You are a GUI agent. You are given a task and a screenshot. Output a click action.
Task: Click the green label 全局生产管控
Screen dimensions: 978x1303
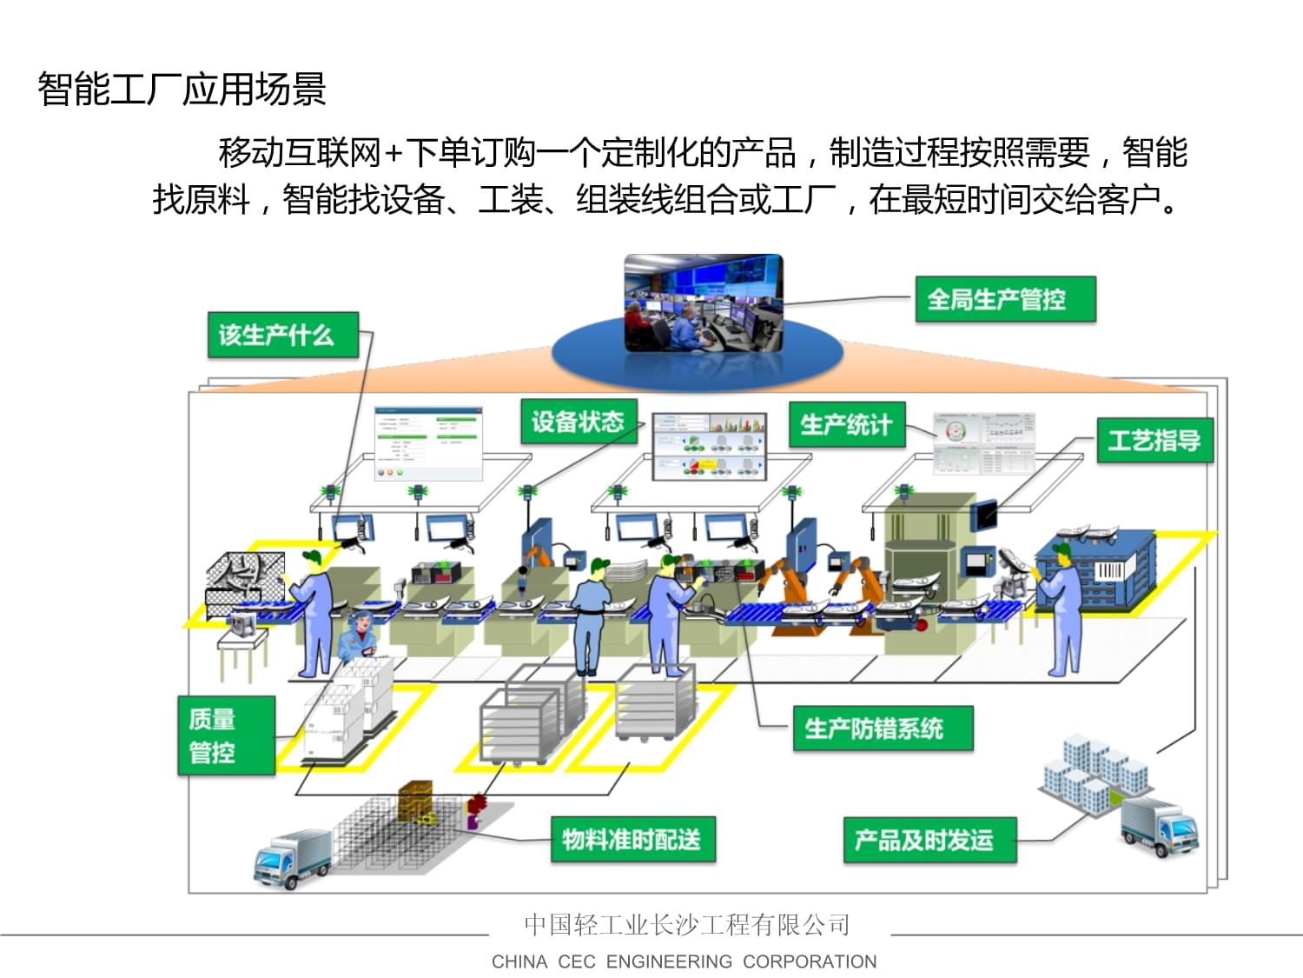click(1005, 300)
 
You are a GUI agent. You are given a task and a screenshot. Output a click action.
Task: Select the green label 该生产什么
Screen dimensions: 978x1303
click(282, 335)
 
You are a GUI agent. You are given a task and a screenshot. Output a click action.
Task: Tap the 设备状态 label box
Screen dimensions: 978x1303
click(579, 422)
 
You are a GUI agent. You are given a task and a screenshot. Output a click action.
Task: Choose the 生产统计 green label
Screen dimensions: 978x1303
click(847, 424)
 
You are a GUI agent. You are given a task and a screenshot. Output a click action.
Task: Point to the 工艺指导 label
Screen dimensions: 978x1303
click(1154, 440)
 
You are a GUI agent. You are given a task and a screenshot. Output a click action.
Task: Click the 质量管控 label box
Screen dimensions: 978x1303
click(226, 735)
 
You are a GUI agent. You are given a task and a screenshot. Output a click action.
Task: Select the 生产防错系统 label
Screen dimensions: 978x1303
click(882, 729)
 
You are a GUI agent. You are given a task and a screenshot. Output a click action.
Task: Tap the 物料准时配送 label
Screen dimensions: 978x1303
click(632, 839)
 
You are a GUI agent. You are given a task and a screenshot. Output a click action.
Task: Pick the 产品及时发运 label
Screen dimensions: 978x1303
click(929, 840)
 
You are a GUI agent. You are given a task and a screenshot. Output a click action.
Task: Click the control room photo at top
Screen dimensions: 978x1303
click(704, 303)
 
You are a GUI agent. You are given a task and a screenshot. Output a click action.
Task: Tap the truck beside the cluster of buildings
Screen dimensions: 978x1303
click(1160, 827)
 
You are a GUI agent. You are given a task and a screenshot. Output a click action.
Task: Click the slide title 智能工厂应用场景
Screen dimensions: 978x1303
click(182, 89)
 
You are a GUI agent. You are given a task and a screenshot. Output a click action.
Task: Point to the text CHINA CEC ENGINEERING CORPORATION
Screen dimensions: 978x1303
click(684, 961)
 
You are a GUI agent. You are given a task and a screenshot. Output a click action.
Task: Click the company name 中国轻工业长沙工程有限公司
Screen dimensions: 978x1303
click(686, 924)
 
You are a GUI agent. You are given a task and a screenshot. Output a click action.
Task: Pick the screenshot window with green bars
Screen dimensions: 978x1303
click(427, 443)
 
